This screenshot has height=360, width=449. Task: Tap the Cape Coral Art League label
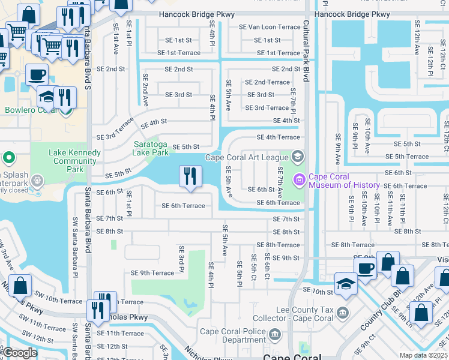pos(247,158)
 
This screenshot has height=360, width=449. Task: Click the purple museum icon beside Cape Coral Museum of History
pos(299,179)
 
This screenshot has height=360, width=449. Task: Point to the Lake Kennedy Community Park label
pos(74,161)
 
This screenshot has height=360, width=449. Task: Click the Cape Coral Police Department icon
pos(275,334)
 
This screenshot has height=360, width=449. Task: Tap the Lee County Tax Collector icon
pos(342,312)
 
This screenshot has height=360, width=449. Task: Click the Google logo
pos(20,352)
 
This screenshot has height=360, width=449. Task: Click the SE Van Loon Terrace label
pos(265,27)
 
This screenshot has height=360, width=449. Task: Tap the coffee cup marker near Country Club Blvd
pos(365,267)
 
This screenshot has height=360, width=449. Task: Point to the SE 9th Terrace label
pos(152,273)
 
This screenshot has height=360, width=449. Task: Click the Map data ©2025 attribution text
pos(424,355)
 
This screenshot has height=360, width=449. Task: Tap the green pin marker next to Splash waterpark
pos(8,158)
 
